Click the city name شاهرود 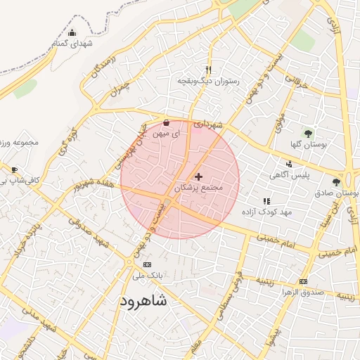pyautogui.click(x=143, y=302)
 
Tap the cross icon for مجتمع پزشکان pyautogui.click(x=198, y=176)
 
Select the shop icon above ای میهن pyautogui.click(x=166, y=122)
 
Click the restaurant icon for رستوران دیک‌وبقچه pyautogui.click(x=208, y=70)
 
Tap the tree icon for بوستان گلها pyautogui.click(x=307, y=132)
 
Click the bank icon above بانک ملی pyautogui.click(x=146, y=264)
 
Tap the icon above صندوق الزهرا pyautogui.click(x=303, y=281)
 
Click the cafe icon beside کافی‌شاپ pyautogui.click(x=14, y=170)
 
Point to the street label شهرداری pyautogui.click(x=209, y=124)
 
